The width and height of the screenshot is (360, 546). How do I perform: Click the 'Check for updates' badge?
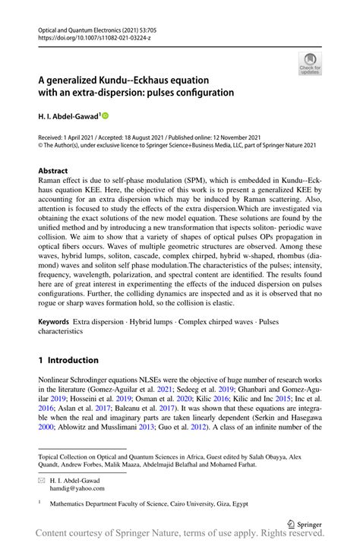[308, 65]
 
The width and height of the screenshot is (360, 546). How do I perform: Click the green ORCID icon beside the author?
[106, 115]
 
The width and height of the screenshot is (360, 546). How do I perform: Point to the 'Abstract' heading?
[52, 171]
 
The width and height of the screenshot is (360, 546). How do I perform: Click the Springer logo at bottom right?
[304, 522]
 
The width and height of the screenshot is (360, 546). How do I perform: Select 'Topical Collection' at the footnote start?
[65, 456]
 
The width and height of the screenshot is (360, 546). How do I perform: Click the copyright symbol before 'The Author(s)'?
[41, 145]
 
